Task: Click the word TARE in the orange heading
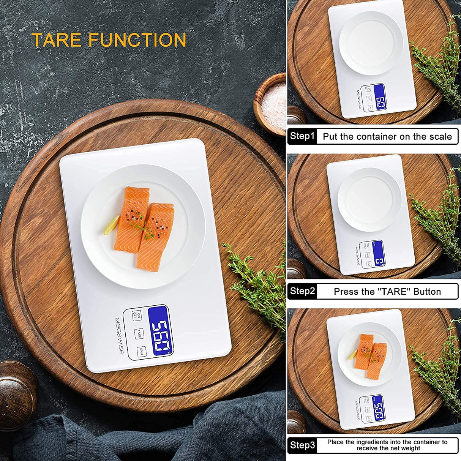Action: [57, 40]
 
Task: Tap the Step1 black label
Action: [302, 136]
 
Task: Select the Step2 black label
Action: [302, 291]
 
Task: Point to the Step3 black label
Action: [302, 445]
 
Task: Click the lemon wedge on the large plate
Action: [112, 225]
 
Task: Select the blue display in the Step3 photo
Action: [378, 409]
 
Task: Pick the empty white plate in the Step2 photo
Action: [369, 199]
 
